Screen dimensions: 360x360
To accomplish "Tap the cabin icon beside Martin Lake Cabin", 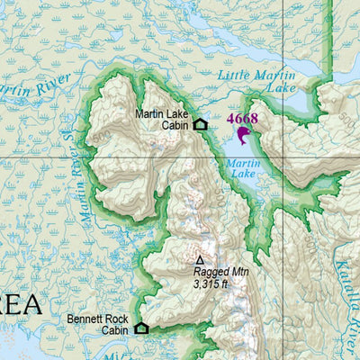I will tap(200, 124).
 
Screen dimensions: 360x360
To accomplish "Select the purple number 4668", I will tap(241, 118).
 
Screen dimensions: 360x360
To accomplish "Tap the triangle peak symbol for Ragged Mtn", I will tap(200, 259).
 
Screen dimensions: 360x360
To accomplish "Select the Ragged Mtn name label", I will tap(220, 271).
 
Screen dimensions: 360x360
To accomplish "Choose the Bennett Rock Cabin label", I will tap(97, 325).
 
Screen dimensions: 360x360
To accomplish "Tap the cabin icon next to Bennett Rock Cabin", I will tap(141, 328).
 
